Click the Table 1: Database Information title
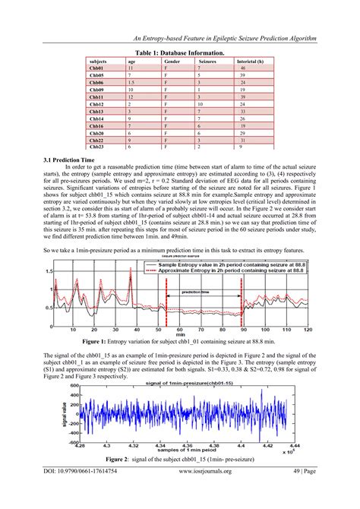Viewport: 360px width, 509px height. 179,53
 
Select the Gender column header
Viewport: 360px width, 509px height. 172,61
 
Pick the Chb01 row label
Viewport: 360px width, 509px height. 96,68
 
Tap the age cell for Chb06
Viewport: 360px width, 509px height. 131,83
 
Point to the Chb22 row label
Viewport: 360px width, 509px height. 96,140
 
